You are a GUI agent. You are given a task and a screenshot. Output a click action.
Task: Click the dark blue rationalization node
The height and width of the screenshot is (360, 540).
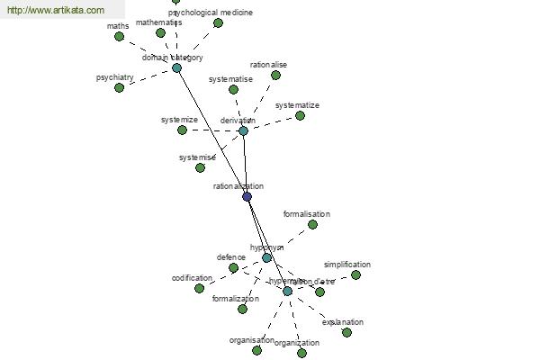pyautogui.click(x=247, y=196)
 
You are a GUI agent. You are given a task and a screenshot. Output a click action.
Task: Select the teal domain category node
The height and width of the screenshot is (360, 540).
pyautogui.click(x=176, y=67)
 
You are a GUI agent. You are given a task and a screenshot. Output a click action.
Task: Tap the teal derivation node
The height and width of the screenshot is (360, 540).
pyautogui.click(x=243, y=130)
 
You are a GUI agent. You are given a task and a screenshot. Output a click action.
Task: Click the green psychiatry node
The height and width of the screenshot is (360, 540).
pyautogui.click(x=119, y=87)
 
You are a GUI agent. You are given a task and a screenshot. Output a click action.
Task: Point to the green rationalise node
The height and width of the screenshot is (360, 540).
pyautogui.click(x=275, y=76)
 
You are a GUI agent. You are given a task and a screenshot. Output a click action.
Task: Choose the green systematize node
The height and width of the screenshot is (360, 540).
pyautogui.click(x=300, y=115)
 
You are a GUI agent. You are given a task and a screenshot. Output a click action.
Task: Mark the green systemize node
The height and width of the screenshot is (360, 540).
pyautogui.click(x=182, y=130)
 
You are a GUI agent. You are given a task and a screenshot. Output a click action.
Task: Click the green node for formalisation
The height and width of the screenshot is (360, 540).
pyautogui.click(x=312, y=224)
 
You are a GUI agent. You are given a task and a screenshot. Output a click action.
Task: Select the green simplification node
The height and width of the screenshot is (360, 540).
pyautogui.click(x=355, y=274)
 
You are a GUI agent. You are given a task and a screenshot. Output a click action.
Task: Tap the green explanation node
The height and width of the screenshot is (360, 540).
pyautogui.click(x=346, y=332)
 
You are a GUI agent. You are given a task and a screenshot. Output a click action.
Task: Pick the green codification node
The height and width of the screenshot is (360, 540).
pyautogui.click(x=199, y=288)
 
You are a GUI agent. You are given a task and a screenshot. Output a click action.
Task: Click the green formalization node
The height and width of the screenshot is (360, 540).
pyautogui.click(x=242, y=309)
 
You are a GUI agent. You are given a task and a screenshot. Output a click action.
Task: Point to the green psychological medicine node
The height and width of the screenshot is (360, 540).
pyautogui.click(x=218, y=23)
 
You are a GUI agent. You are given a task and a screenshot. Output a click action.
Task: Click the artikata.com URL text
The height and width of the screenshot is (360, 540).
pyautogui.click(x=55, y=10)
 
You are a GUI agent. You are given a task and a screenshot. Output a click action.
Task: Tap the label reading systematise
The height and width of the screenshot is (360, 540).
pyautogui.click(x=230, y=79)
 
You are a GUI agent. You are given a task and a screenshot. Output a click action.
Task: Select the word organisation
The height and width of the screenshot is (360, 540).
pyautogui.click(x=251, y=340)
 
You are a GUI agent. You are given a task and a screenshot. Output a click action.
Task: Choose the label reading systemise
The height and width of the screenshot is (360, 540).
pyautogui.click(x=197, y=157)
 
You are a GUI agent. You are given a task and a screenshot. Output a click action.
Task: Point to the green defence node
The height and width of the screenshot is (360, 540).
pyautogui.click(x=233, y=267)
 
